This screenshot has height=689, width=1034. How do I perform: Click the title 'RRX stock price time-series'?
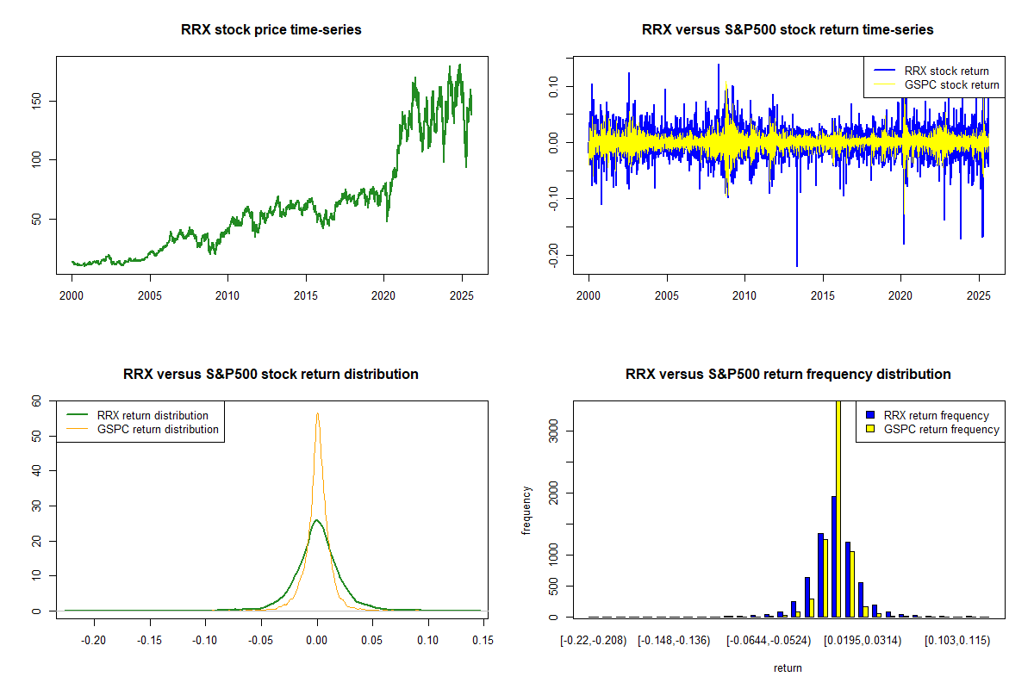(271, 30)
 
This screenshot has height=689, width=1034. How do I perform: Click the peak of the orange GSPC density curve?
(317, 413)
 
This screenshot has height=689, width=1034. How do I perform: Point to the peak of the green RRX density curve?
(317, 520)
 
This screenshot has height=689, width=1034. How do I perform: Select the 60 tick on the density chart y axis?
(36, 400)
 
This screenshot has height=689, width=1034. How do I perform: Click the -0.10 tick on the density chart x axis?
(205, 640)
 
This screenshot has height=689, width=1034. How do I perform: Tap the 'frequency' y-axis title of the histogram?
(526, 511)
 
